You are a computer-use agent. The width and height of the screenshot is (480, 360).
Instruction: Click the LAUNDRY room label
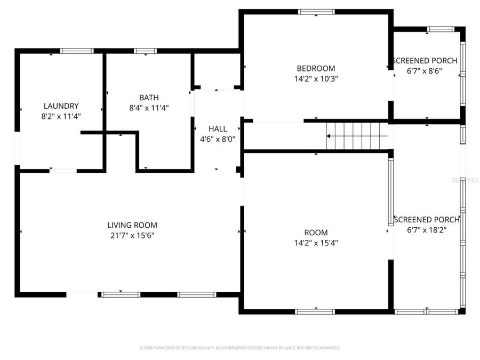point(61,106)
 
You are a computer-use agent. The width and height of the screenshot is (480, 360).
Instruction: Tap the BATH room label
point(149,97)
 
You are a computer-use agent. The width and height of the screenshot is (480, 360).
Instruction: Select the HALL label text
point(218,129)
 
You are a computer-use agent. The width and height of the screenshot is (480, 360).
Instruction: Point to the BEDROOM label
point(316,68)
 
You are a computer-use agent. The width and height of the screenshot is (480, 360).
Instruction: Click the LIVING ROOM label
point(132,225)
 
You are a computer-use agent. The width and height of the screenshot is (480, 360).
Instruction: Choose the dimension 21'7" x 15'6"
point(132,235)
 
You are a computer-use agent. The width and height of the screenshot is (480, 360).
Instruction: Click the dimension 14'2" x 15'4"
point(316,243)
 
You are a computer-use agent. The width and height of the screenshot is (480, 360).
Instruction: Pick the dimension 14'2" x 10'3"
point(316,78)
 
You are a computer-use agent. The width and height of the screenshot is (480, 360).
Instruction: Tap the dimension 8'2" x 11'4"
point(61,115)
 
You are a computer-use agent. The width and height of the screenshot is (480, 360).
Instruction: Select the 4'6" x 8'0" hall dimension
point(218,139)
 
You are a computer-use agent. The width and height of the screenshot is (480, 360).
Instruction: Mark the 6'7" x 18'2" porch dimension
point(427,230)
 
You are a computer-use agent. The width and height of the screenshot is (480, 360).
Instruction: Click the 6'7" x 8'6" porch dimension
point(425,70)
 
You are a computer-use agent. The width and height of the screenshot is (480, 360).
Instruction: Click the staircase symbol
point(356,136)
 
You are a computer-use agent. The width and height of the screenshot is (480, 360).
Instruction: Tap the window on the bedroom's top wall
point(316,12)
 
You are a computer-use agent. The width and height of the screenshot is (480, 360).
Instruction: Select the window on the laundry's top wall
point(77,51)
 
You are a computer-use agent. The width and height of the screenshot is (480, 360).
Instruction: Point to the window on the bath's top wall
point(145,51)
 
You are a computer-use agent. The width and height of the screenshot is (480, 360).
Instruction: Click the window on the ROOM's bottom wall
point(315,311)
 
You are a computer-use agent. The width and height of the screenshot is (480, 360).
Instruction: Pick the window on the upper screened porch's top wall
point(441,29)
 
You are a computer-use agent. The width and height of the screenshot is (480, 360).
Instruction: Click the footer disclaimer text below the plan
point(239,348)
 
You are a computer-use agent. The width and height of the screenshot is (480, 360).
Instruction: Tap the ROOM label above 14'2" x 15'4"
point(316,233)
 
